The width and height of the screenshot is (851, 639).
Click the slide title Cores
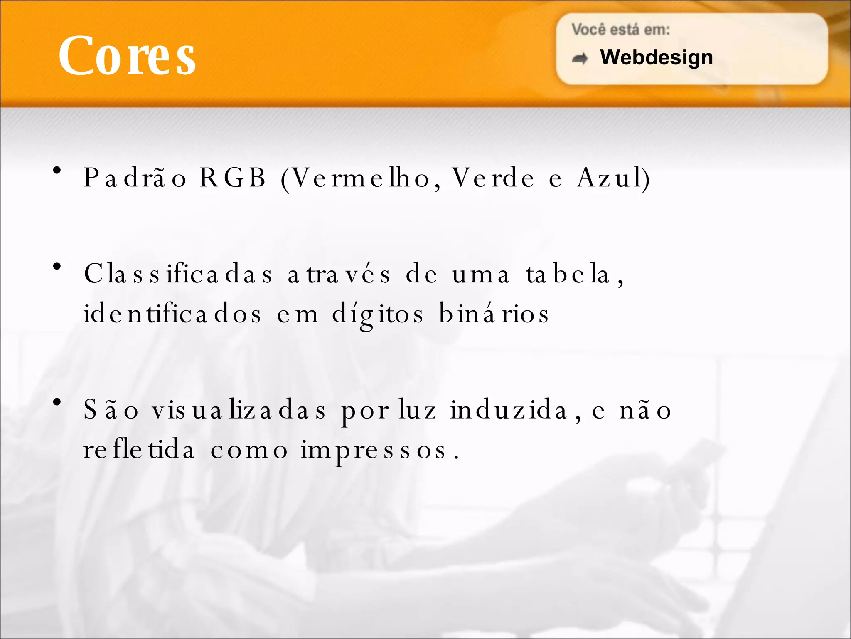[127, 56]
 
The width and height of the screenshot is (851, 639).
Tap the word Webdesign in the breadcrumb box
[656, 57]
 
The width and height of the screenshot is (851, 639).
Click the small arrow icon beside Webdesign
[580, 59]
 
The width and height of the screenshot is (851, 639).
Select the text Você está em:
[620, 30]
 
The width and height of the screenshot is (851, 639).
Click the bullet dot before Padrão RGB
[57, 170]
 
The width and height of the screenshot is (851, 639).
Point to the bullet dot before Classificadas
[57, 266]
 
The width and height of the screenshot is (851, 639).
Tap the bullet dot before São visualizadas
[57, 402]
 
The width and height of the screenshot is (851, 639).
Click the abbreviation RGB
[232, 178]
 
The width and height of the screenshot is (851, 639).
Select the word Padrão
[135, 178]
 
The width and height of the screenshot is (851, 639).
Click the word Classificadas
[178, 274]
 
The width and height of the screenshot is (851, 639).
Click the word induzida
[509, 410]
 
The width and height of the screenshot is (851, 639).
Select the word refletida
[139, 450]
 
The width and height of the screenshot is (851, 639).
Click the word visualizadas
[239, 410]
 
